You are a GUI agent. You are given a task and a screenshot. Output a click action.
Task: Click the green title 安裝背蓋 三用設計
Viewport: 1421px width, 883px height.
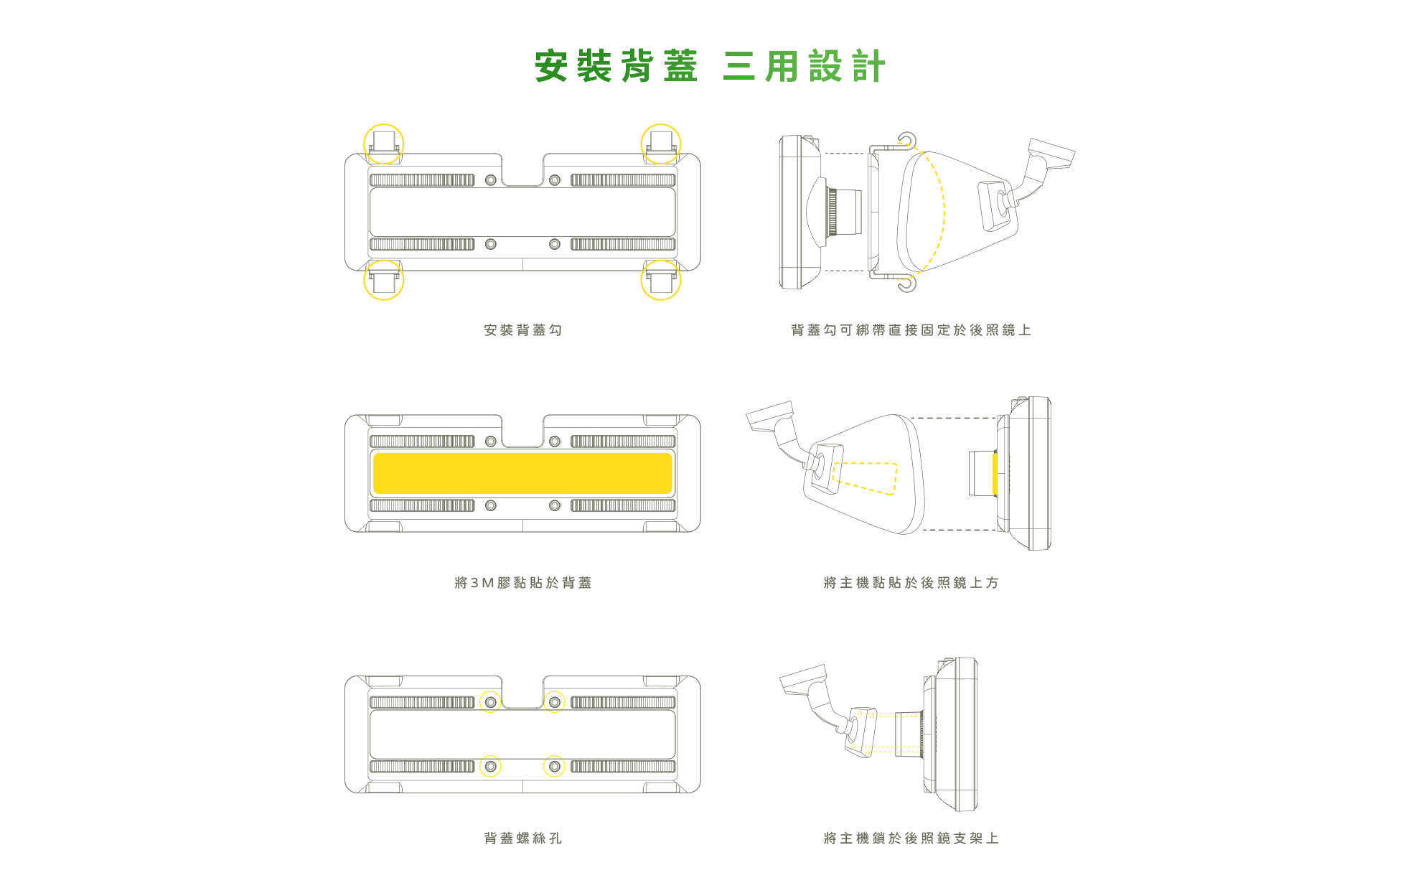tap(710, 66)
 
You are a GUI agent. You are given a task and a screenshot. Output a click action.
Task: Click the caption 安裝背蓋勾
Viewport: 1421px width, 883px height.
tap(523, 330)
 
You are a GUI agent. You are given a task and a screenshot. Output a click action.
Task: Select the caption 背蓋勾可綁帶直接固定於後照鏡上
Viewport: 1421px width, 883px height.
tap(911, 330)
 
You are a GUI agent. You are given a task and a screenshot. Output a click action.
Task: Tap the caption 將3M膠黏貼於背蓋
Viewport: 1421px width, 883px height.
tap(523, 583)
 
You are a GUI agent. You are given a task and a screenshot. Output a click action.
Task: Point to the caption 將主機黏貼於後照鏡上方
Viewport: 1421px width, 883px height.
tap(911, 583)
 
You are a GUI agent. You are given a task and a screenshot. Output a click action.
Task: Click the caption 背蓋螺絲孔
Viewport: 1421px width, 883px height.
tap(523, 838)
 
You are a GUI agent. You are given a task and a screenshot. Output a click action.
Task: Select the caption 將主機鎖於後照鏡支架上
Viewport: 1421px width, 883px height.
tap(911, 838)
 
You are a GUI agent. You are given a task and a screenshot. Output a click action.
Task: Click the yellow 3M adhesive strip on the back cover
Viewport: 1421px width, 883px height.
tap(522, 473)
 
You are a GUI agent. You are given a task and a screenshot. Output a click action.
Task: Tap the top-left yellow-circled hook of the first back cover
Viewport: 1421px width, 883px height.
tap(384, 144)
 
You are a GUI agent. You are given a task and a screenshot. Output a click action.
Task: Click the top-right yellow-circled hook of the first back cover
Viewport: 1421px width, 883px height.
tap(661, 144)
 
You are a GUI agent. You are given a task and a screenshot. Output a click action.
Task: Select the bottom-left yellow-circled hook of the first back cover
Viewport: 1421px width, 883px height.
tap(384, 280)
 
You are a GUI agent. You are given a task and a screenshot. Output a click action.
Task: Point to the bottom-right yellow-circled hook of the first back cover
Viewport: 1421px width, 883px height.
tap(661, 280)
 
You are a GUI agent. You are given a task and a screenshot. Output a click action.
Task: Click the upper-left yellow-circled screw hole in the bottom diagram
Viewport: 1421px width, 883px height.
tap(491, 702)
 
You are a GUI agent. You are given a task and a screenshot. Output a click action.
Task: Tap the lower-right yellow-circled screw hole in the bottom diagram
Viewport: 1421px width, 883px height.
tap(555, 767)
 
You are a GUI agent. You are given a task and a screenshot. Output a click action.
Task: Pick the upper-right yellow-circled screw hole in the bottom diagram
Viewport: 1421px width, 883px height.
tap(555, 702)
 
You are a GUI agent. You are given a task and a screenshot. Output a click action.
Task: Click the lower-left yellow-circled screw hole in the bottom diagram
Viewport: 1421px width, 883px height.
tap(491, 767)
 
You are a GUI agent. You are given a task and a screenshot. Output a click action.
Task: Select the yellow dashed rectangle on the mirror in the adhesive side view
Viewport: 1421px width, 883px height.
tap(865, 478)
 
